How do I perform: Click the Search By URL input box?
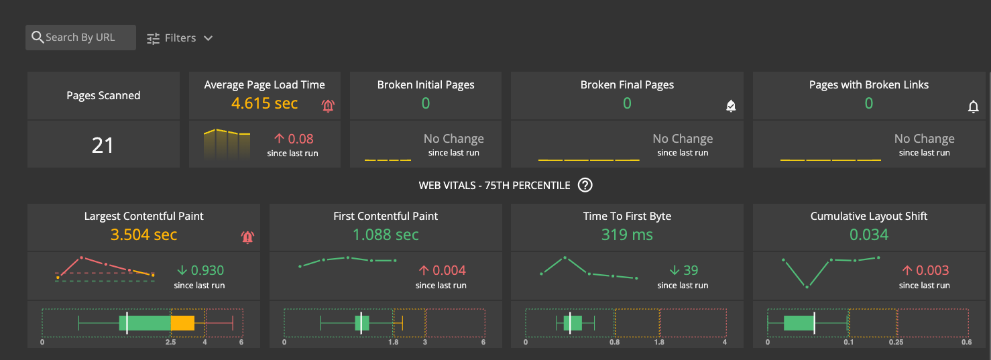click(x=80, y=38)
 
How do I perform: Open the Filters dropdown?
click(x=180, y=38)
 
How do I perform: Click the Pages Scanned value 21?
click(x=103, y=145)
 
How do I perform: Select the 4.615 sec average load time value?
click(x=264, y=103)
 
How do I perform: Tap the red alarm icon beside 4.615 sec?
click(x=328, y=105)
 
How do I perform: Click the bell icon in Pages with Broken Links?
click(x=974, y=107)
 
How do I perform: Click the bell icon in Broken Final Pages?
click(x=731, y=106)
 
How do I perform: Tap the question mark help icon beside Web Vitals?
click(x=585, y=186)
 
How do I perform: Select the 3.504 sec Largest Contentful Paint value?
click(x=143, y=235)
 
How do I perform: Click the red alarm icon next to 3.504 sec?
click(x=247, y=237)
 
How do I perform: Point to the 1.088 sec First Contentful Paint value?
click(x=386, y=235)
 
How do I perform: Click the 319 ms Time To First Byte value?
click(x=627, y=235)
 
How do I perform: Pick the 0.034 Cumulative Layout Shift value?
click(x=868, y=235)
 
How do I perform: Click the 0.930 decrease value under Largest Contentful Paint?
click(x=207, y=270)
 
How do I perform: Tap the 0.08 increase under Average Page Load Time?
click(x=300, y=139)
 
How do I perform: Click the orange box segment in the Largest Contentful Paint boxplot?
click(x=182, y=323)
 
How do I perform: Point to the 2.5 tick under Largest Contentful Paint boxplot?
click(x=171, y=342)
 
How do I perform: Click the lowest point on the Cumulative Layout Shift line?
click(x=807, y=287)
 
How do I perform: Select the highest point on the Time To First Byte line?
click(x=565, y=257)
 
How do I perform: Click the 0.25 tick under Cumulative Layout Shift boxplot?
click(x=896, y=342)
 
